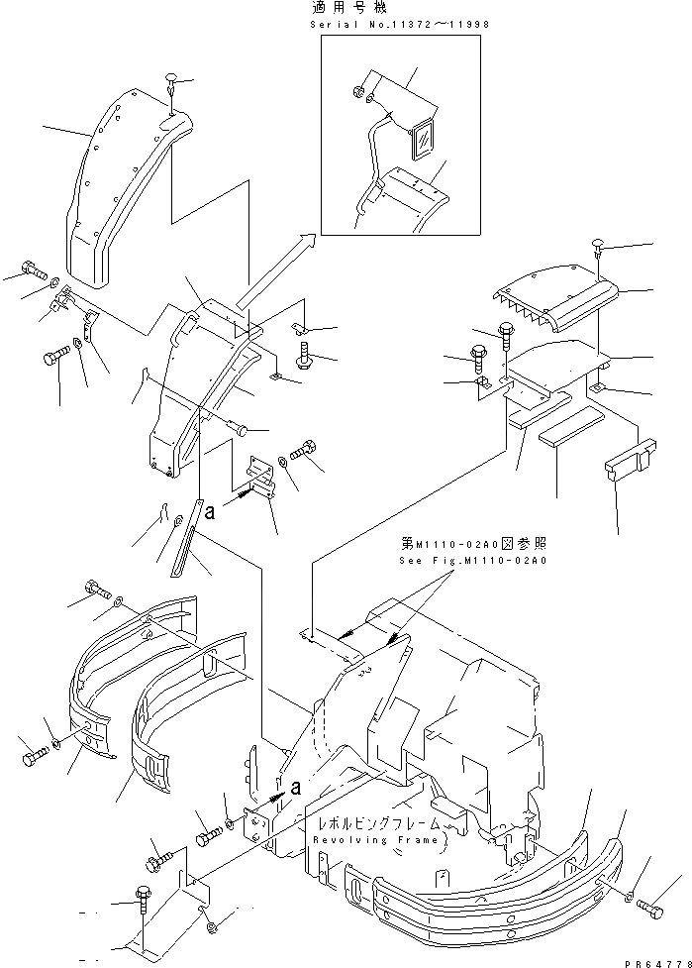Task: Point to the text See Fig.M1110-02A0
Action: pyautogui.click(x=473, y=560)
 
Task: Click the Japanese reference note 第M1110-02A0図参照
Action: pyautogui.click(x=473, y=545)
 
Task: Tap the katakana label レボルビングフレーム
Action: pyautogui.click(x=375, y=825)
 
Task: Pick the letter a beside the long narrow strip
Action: pyautogui.click(x=210, y=513)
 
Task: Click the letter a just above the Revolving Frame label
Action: pyautogui.click(x=294, y=788)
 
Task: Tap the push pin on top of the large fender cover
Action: pyautogui.click(x=172, y=82)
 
